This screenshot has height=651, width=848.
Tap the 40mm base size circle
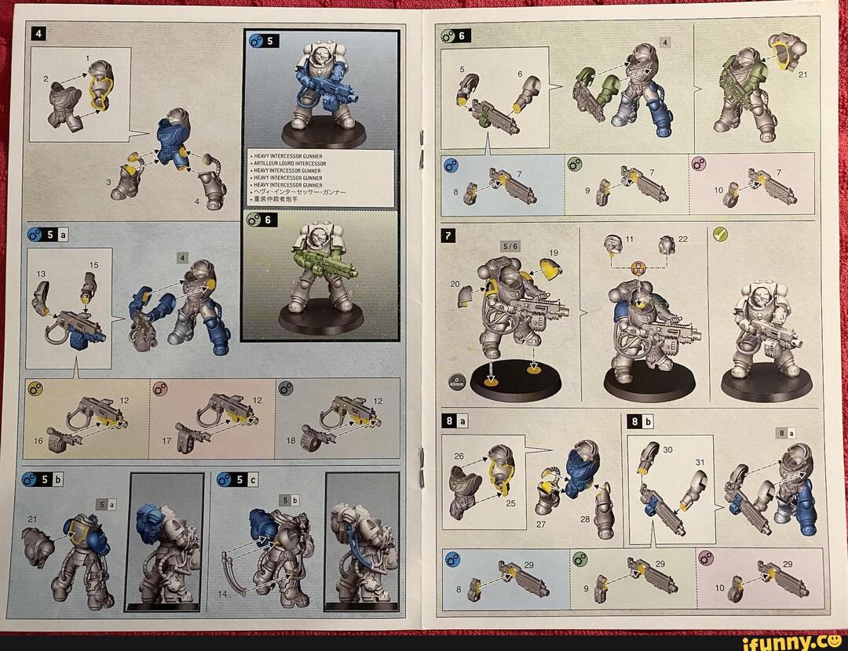[x=456, y=382]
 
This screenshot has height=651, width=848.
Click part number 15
[x=93, y=265]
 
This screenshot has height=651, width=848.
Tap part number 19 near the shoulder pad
[x=554, y=253]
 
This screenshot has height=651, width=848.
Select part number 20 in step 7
[x=455, y=285]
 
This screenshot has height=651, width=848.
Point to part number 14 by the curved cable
[x=222, y=594]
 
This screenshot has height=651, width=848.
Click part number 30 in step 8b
[x=667, y=449]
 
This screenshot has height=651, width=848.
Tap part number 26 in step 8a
[x=459, y=456]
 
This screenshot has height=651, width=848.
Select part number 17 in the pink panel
[x=166, y=441]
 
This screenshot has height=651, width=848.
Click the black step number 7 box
[x=448, y=235]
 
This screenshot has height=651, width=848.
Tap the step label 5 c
[x=236, y=479]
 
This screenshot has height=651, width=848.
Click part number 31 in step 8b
[x=700, y=462]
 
